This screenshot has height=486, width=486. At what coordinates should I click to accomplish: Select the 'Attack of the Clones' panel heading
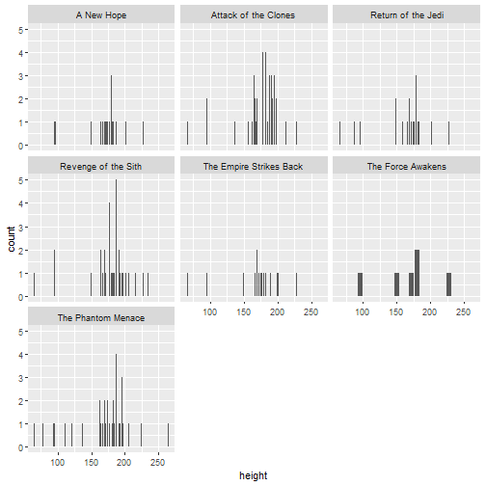point(254,14)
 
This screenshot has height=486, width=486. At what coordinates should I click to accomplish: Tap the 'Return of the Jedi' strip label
point(406,14)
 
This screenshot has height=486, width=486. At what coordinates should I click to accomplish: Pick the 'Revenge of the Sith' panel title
point(101,166)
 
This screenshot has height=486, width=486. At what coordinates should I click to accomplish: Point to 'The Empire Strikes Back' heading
point(254,166)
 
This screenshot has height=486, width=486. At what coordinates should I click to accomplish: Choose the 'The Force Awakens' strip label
point(406,166)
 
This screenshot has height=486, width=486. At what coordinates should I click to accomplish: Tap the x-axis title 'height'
point(254,475)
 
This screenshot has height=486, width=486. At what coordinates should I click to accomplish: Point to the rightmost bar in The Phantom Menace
point(168,436)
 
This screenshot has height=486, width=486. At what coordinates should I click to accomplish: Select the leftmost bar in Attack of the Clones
point(187,134)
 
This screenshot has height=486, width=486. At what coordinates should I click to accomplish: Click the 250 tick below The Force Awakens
point(463,311)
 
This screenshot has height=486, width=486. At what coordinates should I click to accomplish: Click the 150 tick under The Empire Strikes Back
point(244,311)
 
